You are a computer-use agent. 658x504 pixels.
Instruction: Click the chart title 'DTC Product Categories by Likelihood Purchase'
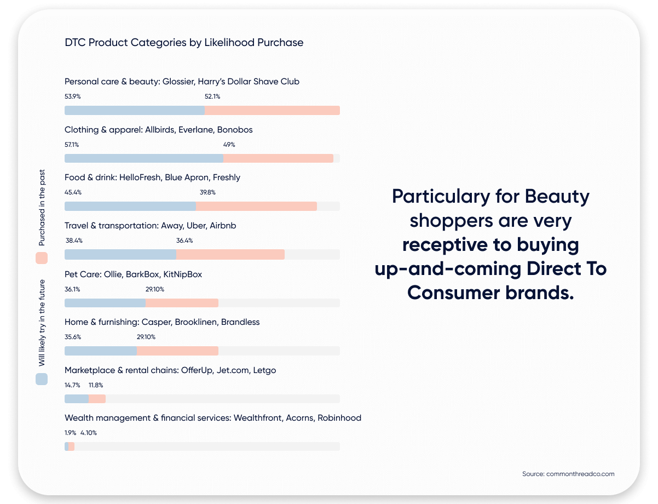(x=184, y=42)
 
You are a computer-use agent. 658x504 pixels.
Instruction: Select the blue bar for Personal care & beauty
(x=135, y=110)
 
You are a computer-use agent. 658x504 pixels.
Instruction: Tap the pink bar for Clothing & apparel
(x=278, y=158)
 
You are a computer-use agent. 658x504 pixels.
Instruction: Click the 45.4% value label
(x=73, y=192)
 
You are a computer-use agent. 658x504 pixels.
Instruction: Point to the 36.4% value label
(x=184, y=240)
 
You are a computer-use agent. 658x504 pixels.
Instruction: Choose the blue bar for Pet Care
(x=105, y=303)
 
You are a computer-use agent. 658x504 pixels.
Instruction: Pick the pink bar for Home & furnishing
(x=177, y=351)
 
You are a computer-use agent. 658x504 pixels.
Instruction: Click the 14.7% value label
(x=72, y=385)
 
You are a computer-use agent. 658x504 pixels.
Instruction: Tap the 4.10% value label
(x=89, y=432)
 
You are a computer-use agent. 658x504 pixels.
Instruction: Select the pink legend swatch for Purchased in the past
(x=42, y=258)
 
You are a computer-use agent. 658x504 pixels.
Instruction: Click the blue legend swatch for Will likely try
(x=42, y=379)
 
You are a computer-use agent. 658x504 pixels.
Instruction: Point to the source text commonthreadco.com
(x=568, y=473)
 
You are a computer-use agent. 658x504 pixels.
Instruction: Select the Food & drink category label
(x=152, y=177)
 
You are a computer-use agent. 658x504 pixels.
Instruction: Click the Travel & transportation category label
(x=150, y=225)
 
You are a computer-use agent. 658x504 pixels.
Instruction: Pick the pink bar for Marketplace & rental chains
(x=97, y=399)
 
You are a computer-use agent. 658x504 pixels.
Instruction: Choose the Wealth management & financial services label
(x=213, y=417)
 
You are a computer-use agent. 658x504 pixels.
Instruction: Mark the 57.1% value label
(x=72, y=145)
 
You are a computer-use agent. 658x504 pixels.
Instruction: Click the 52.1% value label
(x=212, y=96)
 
